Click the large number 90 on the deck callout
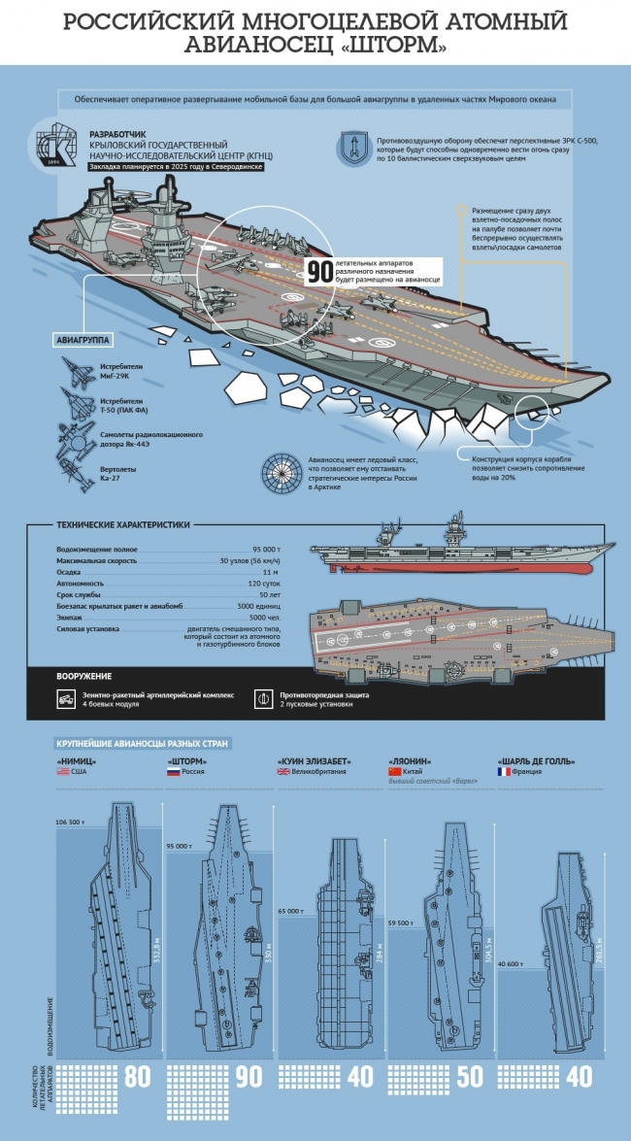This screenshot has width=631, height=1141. click(320, 272)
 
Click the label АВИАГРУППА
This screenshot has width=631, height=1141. click(83, 340)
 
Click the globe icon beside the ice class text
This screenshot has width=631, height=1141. click(283, 473)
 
